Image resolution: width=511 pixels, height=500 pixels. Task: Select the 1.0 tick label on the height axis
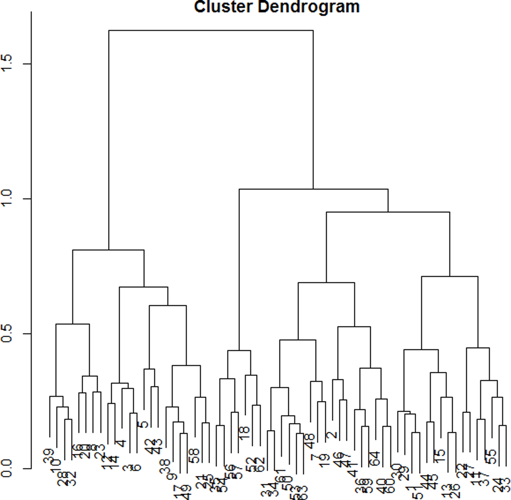7,198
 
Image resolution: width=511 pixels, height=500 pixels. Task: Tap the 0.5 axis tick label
7,333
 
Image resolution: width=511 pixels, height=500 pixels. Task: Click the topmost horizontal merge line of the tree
211,30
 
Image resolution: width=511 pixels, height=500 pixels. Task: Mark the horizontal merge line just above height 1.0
313,189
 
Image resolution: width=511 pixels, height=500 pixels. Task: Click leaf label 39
49,456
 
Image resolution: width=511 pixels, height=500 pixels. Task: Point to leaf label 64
374,458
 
